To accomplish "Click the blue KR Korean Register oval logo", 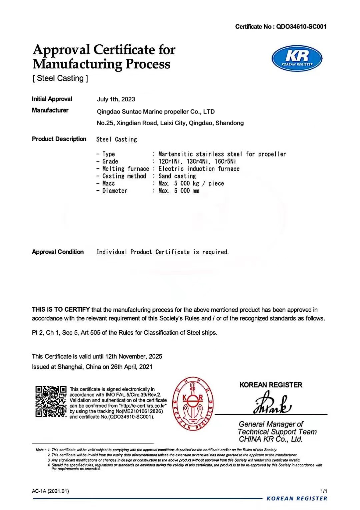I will pyautogui.click(x=297, y=59).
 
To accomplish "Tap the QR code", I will pyautogui.click(x=51, y=401).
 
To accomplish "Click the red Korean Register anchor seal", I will pyautogui.click(x=193, y=404).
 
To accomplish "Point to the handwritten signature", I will pyautogui.click(x=272, y=404).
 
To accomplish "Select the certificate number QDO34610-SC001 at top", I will pyautogui.click(x=301, y=27).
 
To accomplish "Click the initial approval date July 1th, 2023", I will pyautogui.click(x=116, y=99).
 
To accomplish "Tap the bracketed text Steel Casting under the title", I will pyautogui.click(x=60, y=78).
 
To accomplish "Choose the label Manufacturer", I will pyautogui.click(x=50, y=110).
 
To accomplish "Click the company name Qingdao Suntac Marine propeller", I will pyautogui.click(x=156, y=112).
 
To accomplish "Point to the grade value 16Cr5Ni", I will pyautogui.click(x=225, y=162).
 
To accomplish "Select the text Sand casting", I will pyautogui.click(x=177, y=176).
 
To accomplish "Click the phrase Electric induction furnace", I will pyautogui.click(x=199, y=169).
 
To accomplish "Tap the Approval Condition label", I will pyautogui.click(x=58, y=252).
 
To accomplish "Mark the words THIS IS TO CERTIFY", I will pyautogui.click(x=61, y=310).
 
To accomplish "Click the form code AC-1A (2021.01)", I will pyautogui.click(x=50, y=491).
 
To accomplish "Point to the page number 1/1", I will pyautogui.click(x=323, y=491).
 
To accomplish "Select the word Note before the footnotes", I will pyautogui.click(x=40, y=450).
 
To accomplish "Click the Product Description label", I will pyautogui.click(x=59, y=139).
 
